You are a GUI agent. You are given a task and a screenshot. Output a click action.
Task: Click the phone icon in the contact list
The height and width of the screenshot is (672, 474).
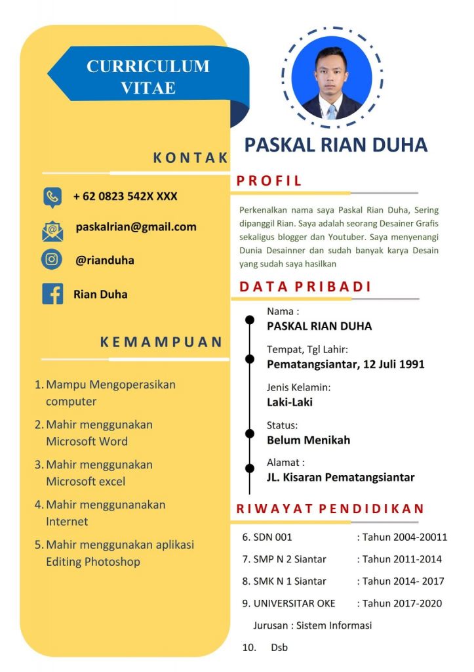point(52,196)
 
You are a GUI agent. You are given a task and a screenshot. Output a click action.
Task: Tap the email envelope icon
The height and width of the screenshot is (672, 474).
point(52,230)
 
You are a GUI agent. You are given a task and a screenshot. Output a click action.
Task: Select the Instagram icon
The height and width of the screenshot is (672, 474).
point(52,260)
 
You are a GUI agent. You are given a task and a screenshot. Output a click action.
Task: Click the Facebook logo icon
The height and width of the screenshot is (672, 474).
point(52,293)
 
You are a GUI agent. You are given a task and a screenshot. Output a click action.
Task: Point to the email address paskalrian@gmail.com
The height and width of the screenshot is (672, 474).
point(136,227)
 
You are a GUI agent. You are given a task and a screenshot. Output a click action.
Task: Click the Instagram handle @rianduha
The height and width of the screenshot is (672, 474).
point(105,261)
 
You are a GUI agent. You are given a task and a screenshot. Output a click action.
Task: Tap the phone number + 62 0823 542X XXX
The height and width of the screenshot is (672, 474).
point(125,196)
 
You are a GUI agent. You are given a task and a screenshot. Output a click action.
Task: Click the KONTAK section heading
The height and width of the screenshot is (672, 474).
point(190,157)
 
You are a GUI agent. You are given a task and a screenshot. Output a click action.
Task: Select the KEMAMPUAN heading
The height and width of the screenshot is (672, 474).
point(161,342)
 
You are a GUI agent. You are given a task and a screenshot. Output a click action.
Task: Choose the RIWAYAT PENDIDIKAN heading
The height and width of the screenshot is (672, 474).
point(330,509)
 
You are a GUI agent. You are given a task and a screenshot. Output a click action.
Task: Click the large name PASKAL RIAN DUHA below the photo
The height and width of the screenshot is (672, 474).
point(336,145)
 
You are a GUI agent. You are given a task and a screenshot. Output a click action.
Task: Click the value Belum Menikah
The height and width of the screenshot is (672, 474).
point(308,440)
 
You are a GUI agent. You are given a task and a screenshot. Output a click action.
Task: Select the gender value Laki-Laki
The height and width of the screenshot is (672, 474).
point(289,402)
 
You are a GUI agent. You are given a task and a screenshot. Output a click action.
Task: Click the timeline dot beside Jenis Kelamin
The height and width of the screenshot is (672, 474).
point(250,396)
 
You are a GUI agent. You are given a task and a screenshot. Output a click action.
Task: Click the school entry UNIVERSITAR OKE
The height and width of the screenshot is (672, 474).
point(294,603)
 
